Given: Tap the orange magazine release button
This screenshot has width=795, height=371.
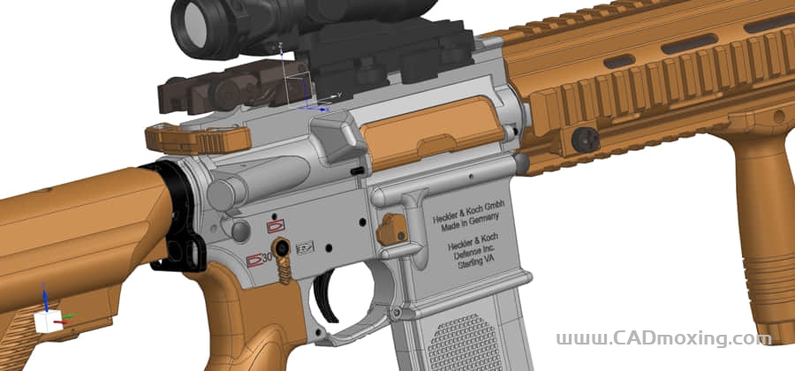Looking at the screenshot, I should tap(392, 229).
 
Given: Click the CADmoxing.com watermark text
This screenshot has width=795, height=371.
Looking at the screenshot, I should tap(657, 338).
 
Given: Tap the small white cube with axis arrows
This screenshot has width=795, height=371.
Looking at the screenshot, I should tap(47, 321).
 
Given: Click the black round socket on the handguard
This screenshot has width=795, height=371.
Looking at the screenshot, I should tap(585, 140).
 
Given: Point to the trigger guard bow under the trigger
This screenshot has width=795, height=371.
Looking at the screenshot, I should tap(353, 334).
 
